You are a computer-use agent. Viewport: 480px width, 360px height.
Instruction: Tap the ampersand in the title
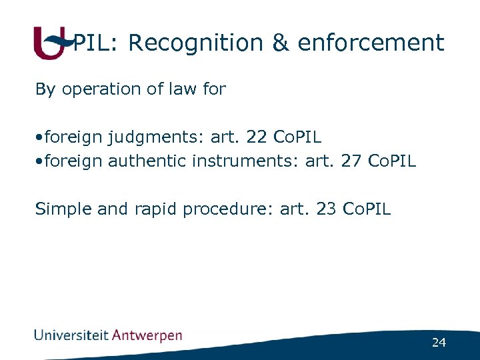coord(281,43)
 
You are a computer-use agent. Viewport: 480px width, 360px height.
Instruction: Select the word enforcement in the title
coord(371,43)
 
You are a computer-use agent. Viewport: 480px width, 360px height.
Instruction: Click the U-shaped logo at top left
coord(51,43)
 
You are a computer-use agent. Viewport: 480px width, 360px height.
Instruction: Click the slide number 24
coord(439,343)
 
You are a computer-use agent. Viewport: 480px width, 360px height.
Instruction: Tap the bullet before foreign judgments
coord(40,137)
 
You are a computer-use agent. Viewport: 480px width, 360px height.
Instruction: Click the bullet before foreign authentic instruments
coord(40,161)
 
